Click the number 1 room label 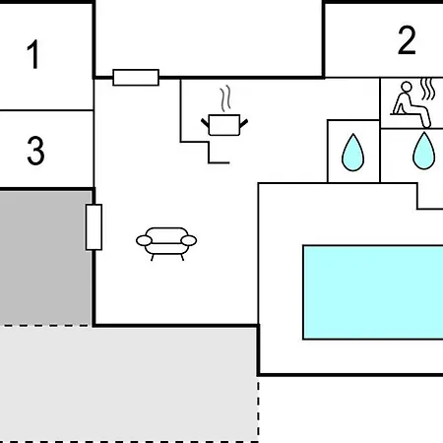[33, 54]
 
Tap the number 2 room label [407, 40]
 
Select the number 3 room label [35, 151]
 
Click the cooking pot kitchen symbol [224, 125]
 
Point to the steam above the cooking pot [225, 98]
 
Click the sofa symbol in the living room [166, 244]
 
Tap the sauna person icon [411, 104]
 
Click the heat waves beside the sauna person [428, 89]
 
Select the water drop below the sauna [424, 151]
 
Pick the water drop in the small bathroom [352, 153]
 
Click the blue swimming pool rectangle [373, 292]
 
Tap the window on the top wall [136, 78]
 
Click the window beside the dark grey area [94, 227]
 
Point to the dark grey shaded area [45, 258]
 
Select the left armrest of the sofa [144, 240]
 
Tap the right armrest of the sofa [189, 240]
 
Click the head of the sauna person [407, 87]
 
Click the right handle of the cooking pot [244, 123]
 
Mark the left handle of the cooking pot [206, 123]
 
